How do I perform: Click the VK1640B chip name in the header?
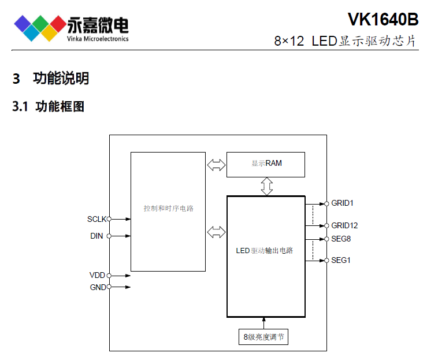(x=383, y=19)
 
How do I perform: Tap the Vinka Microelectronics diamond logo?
(x=39, y=27)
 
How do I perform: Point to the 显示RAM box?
(x=266, y=164)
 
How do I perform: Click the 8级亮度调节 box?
(x=263, y=337)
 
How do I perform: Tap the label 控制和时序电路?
(x=168, y=208)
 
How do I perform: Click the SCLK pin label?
(x=96, y=219)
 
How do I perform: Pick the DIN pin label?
(x=96, y=236)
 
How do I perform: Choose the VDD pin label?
(x=97, y=276)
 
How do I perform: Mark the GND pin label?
(x=97, y=287)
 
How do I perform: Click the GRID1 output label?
(x=342, y=203)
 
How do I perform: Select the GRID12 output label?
(x=344, y=225)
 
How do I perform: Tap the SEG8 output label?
(x=341, y=239)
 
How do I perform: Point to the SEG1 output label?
(x=341, y=261)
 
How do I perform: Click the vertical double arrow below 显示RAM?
(x=266, y=186)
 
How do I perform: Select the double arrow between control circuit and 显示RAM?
(x=216, y=165)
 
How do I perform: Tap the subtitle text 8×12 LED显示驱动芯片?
(x=345, y=41)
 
